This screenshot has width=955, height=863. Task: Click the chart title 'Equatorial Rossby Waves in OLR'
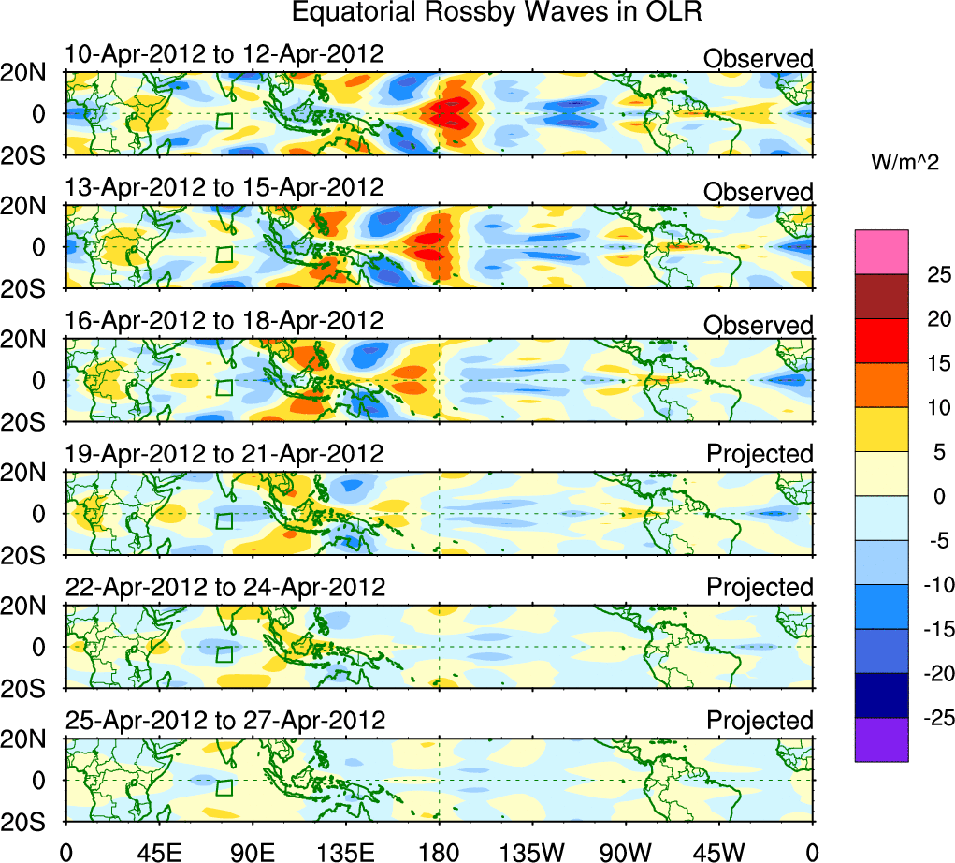(x=497, y=13)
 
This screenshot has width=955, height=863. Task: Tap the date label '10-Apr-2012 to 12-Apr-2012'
(x=224, y=54)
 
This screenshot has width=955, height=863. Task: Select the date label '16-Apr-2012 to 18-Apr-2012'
(x=224, y=321)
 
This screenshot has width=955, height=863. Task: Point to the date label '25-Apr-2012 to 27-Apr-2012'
(x=225, y=721)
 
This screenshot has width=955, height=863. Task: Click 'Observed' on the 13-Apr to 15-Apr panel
(x=758, y=192)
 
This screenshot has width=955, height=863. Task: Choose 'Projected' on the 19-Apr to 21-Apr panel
(x=760, y=454)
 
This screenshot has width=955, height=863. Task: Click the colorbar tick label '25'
(x=936, y=275)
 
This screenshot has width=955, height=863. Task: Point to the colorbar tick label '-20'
(x=932, y=674)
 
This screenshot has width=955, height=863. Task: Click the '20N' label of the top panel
(x=31, y=74)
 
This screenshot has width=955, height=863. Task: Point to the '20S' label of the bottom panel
(x=31, y=820)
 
